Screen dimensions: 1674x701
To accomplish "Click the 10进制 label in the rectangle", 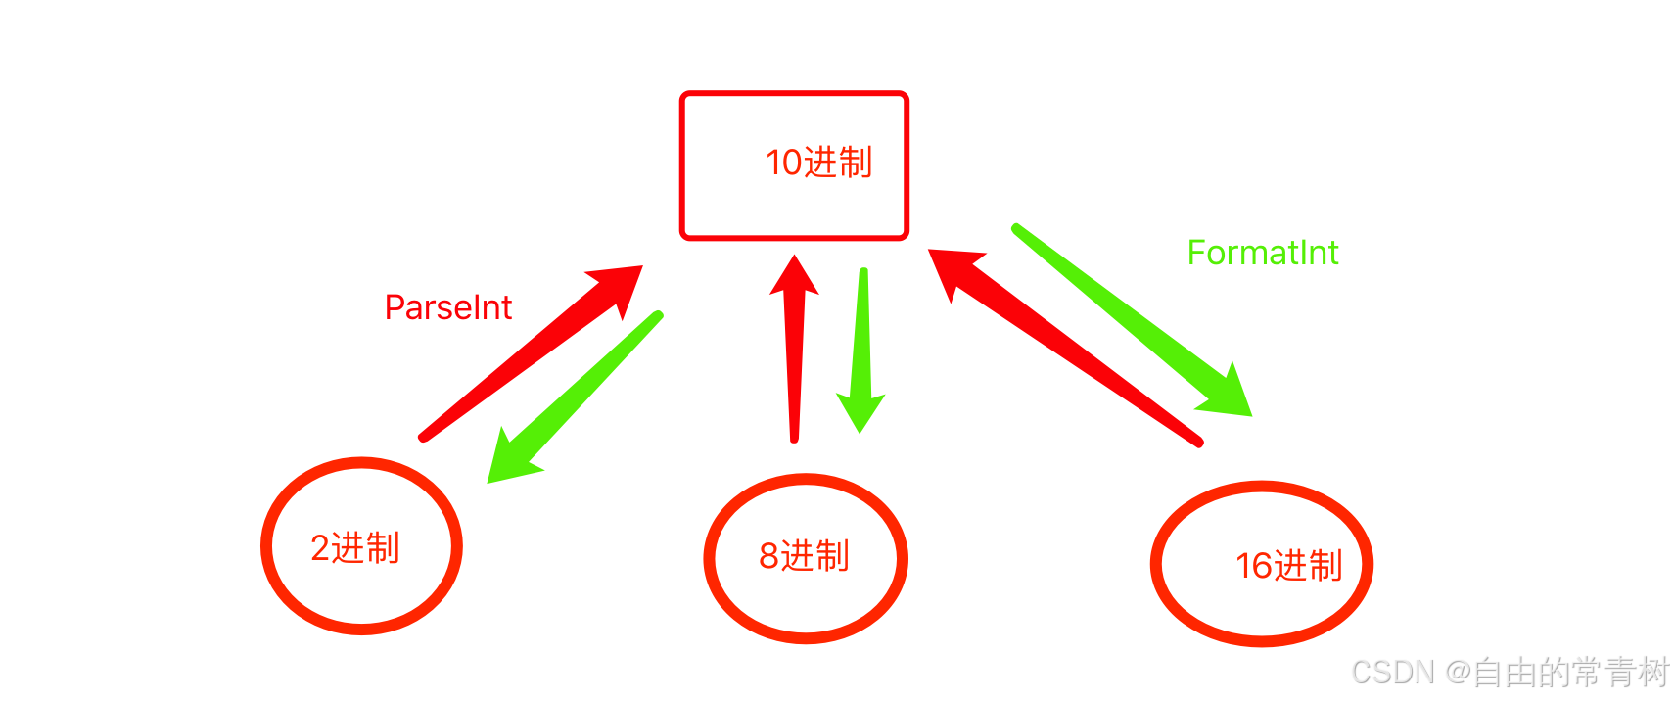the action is point(818,163).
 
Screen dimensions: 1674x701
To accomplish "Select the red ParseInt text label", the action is point(447,307).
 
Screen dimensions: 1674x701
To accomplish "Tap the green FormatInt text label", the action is point(1262,253).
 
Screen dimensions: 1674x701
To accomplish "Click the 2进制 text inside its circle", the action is point(354,548).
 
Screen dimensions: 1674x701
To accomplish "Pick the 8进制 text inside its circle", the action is point(804,556).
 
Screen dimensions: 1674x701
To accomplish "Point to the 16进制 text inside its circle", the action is point(1288,566).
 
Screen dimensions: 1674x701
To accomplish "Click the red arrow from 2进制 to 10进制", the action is point(519,362).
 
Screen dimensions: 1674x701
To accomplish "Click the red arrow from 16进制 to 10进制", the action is point(1067,348).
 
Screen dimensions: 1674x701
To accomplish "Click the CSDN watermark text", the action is point(1392,673).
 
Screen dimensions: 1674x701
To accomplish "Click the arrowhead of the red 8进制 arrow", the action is point(794,276).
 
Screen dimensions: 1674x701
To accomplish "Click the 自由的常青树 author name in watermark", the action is point(1570,673).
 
